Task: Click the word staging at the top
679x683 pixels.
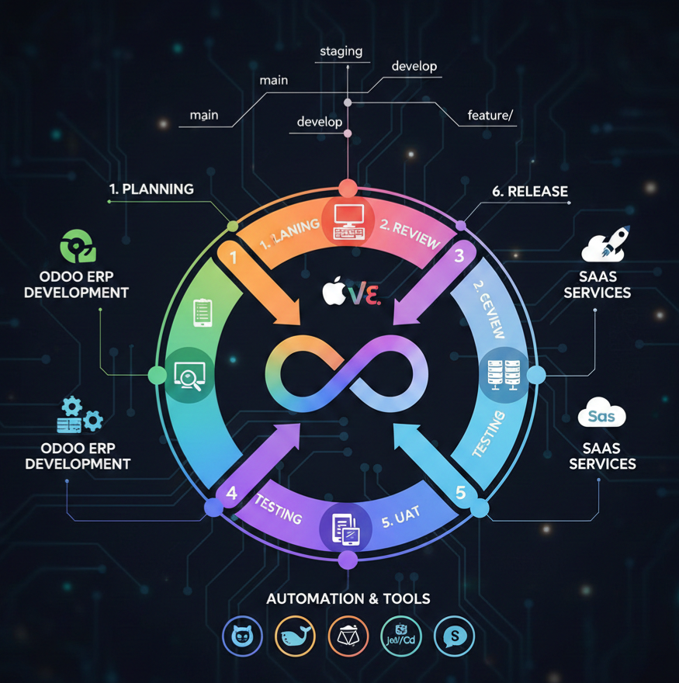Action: [x=341, y=52]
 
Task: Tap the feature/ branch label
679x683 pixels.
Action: [x=490, y=116]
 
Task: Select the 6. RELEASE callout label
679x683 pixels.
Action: [x=530, y=191]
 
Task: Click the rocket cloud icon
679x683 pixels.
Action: [x=605, y=244]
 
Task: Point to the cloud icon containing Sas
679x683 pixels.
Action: [x=602, y=414]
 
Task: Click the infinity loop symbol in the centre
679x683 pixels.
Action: [x=347, y=373]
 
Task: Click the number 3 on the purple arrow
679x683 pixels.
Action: [x=459, y=255]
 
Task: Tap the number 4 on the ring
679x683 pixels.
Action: [x=231, y=493]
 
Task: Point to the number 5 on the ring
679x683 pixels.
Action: [x=461, y=492]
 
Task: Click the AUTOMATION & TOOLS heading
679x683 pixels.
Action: [x=348, y=598]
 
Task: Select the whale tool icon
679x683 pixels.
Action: [x=295, y=636]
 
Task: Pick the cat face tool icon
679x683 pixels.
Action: [x=242, y=636]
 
